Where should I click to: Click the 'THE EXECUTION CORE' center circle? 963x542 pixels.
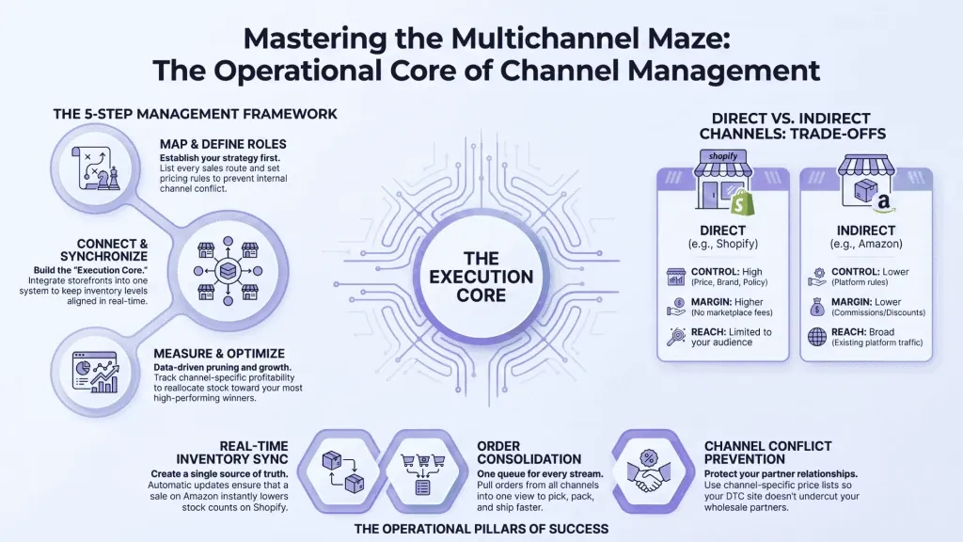(481, 278)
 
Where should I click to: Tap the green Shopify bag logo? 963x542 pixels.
(743, 202)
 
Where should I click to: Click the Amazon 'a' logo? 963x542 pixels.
(884, 201)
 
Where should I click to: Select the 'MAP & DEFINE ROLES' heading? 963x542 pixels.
(223, 144)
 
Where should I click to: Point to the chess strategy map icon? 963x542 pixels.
(96, 168)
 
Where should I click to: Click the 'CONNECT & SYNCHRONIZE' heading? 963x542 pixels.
(103, 250)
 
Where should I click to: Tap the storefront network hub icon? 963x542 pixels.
(228, 270)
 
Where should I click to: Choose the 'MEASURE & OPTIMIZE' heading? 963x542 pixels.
(219, 354)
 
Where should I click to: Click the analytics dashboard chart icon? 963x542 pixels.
(95, 373)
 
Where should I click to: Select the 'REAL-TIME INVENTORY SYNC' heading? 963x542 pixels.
(232, 453)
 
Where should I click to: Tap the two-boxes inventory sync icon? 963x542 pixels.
(342, 472)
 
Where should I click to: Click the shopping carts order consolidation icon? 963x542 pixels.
(422, 474)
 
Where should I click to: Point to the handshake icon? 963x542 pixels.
(649, 472)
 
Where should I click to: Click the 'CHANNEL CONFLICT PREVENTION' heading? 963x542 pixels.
(767, 453)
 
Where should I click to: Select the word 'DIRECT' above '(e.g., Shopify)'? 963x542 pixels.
(723, 231)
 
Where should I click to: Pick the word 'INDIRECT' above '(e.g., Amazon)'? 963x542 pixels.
(866, 231)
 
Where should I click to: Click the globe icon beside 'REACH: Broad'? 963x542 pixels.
(817, 337)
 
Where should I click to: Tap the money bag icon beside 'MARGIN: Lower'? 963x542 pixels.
(817, 306)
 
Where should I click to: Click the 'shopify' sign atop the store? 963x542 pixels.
(723, 156)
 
